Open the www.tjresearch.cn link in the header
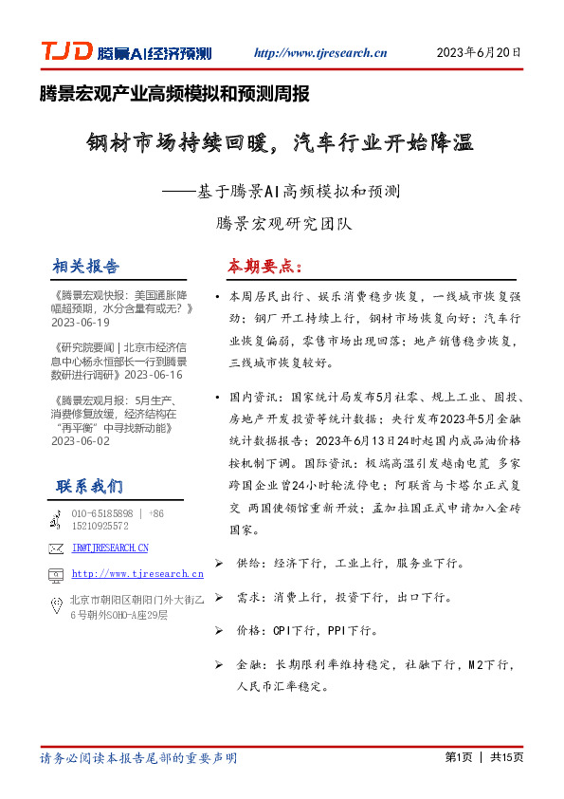[x=320, y=54]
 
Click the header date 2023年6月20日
[x=479, y=53]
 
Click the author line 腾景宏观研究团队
[x=283, y=225]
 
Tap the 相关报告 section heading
[x=87, y=266]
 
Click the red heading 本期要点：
[x=265, y=266]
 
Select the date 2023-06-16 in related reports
[x=162, y=375]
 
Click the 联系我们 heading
[x=89, y=487]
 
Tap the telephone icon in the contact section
[x=56, y=518]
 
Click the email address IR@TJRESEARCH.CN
[x=110, y=548]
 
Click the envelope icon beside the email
[x=56, y=548]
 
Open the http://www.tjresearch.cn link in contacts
[x=137, y=574]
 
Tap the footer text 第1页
[x=458, y=757]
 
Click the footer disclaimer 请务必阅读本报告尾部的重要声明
[x=138, y=758]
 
